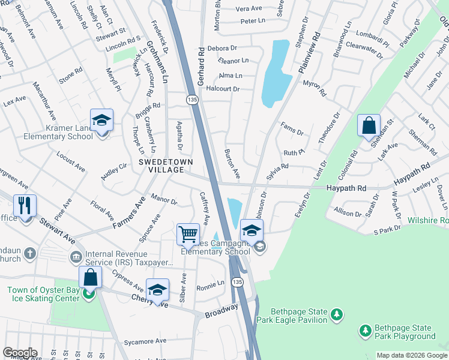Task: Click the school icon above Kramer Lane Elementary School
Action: tap(101, 120)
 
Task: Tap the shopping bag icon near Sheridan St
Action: tap(369, 126)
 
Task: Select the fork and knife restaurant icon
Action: tap(25, 206)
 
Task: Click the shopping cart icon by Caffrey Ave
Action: tap(188, 234)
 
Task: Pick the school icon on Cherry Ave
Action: tap(157, 290)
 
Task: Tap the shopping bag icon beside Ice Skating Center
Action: tap(90, 277)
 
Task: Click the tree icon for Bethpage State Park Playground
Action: tap(364, 331)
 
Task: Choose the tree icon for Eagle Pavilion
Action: tap(337, 314)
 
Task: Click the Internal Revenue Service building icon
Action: tap(75, 257)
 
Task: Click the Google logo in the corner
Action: tap(20, 353)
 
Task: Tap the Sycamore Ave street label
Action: tap(144, 341)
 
